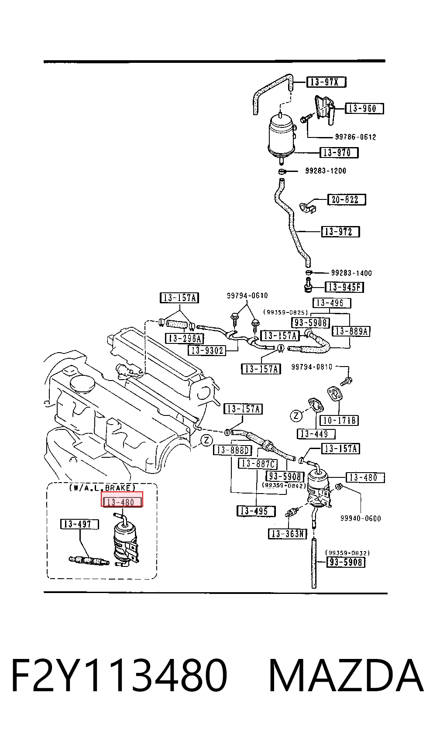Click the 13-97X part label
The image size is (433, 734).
(326, 82)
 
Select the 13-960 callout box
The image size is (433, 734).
(364, 109)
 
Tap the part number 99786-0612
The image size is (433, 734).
(355, 137)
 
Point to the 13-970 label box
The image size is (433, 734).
(339, 153)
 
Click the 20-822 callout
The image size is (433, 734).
(347, 199)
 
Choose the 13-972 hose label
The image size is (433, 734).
(340, 232)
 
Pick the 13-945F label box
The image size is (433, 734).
(344, 287)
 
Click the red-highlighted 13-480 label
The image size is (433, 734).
(122, 502)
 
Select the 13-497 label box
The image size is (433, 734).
(79, 524)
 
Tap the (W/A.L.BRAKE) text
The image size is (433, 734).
(102, 487)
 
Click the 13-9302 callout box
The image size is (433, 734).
(207, 350)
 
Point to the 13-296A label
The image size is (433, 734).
(185, 339)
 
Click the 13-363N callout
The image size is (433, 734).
(288, 534)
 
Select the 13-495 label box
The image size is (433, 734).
(256, 511)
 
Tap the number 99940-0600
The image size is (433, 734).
(361, 518)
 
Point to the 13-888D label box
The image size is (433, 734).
(233, 450)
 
